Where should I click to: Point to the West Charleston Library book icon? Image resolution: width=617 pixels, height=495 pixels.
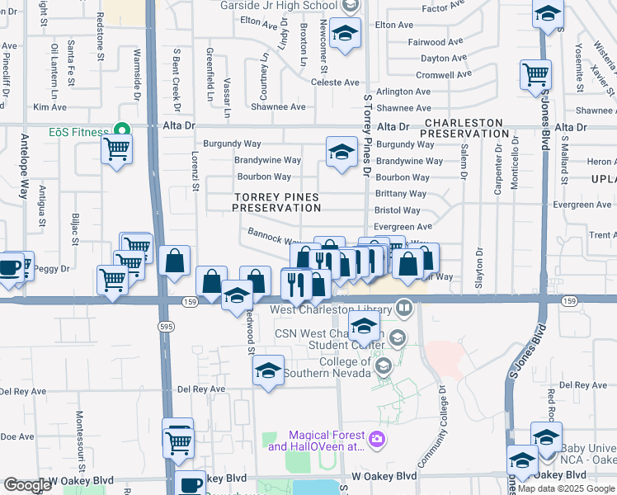[403, 309]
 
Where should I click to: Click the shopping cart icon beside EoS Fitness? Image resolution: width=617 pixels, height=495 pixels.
[116, 150]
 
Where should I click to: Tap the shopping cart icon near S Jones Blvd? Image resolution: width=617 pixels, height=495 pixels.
[536, 75]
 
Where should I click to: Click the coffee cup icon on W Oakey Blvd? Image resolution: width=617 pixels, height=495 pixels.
[190, 483]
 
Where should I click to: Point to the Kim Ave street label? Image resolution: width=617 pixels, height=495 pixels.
[49, 107]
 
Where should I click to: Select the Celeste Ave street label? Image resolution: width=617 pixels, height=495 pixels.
[335, 82]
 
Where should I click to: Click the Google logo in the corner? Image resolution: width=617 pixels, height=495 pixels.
[27, 485]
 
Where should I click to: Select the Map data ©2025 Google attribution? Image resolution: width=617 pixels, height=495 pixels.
[565, 488]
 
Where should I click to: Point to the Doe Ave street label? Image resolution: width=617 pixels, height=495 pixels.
[16, 436]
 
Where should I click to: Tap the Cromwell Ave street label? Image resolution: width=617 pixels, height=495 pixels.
[445, 74]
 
